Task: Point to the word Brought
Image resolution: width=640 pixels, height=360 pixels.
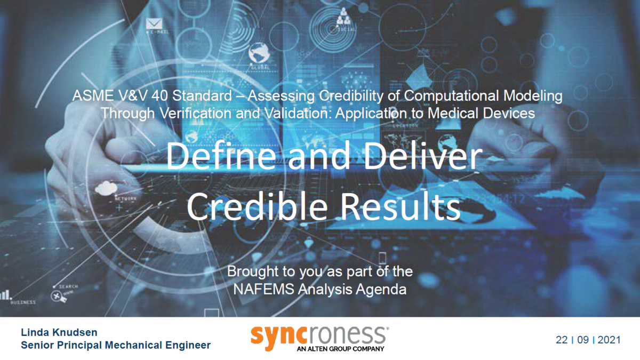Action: tap(250, 271)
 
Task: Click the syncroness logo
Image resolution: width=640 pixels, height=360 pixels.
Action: tap(319, 334)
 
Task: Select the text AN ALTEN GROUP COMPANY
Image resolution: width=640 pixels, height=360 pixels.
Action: tap(340, 349)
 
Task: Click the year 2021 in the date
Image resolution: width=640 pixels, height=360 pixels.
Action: tap(609, 340)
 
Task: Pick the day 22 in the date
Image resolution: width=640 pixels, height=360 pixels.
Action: tap(562, 340)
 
